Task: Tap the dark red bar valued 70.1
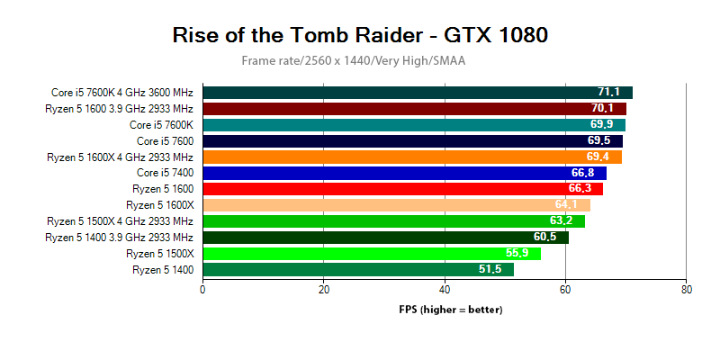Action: pos(414,109)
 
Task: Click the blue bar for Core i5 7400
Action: pos(404,173)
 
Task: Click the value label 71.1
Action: pos(609,93)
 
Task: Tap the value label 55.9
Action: pos(517,254)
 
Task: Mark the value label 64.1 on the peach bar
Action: pos(567,205)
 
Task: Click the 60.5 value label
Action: pos(545,238)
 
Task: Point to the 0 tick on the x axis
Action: pos(202,290)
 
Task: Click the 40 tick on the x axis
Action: pos(445,290)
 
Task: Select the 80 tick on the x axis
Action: pos(687,290)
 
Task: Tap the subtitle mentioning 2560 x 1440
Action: pos(353,60)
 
